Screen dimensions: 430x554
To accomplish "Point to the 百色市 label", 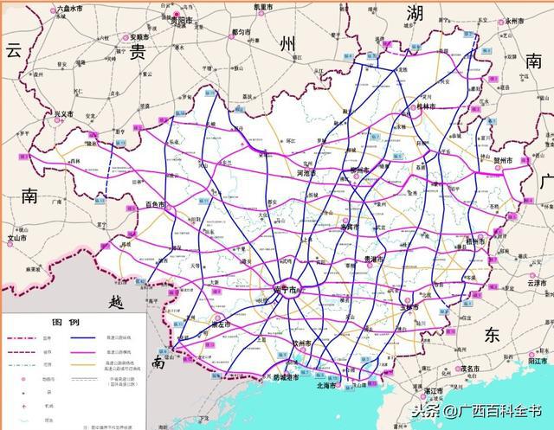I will (x=156, y=205).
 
